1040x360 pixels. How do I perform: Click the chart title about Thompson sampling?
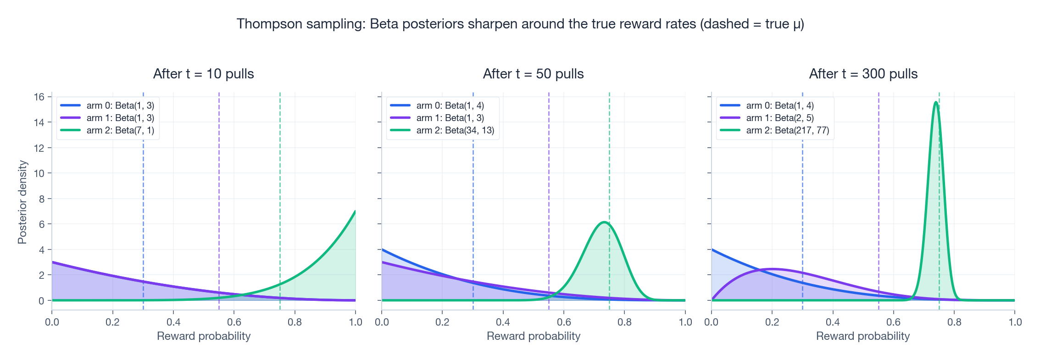tap(520, 24)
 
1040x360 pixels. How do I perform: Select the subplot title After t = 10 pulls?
tap(203, 74)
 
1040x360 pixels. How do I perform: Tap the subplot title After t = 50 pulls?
tap(533, 74)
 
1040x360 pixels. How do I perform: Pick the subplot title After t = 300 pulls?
tap(863, 74)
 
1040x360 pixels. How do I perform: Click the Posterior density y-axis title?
tap(22, 202)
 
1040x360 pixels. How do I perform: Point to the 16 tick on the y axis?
tap(39, 97)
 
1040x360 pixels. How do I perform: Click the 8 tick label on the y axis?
tap(42, 199)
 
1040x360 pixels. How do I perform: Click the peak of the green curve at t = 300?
tap(936, 102)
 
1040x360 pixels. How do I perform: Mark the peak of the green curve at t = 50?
tap(604, 222)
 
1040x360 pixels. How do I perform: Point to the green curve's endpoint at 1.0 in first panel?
tap(355, 211)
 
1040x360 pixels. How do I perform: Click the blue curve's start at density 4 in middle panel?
tap(382, 250)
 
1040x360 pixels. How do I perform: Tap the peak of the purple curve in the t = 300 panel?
tap(773, 269)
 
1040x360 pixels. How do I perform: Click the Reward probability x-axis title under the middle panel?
tap(533, 336)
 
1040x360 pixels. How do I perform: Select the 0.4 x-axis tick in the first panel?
tap(173, 322)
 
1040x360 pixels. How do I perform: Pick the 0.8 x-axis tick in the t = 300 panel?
tap(954, 322)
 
